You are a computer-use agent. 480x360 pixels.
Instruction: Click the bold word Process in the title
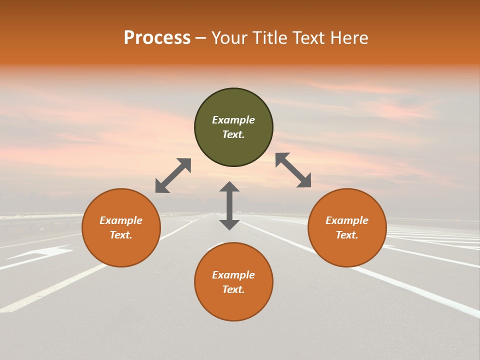coord(157,38)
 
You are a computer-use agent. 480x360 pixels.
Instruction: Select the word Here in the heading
coord(348,38)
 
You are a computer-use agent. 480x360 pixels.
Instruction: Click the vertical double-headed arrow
coord(229,206)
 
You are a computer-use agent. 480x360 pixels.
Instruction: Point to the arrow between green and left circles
coord(173,175)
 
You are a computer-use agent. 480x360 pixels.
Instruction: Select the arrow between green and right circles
coord(293,170)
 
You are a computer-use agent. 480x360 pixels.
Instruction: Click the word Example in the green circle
coord(233,120)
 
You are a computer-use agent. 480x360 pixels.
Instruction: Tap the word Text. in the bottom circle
coord(233,289)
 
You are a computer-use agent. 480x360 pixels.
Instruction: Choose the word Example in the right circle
coord(347,220)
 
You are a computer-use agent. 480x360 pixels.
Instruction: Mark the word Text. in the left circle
coord(121,235)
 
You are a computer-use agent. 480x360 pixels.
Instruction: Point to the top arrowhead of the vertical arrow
coord(229,186)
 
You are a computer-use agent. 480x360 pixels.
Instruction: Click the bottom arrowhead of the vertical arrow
coord(229,224)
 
